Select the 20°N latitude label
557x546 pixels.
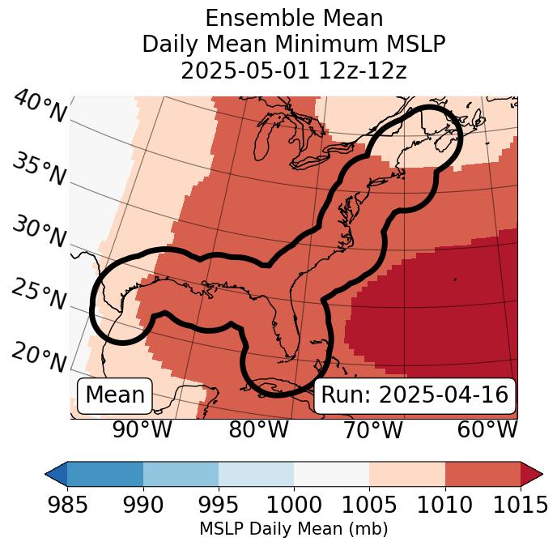coord(39,356)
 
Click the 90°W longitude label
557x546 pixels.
coord(142,430)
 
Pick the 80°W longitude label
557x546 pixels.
coord(258,430)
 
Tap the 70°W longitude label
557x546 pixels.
coord(373,430)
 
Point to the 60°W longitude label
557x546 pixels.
coord(487,430)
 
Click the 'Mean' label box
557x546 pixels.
coord(115,395)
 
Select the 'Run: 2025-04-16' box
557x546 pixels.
coord(415,395)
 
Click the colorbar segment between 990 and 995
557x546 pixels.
coord(181,473)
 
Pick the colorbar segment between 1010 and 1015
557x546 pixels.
coord(483,473)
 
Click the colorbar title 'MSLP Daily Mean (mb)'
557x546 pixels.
coord(293,530)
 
